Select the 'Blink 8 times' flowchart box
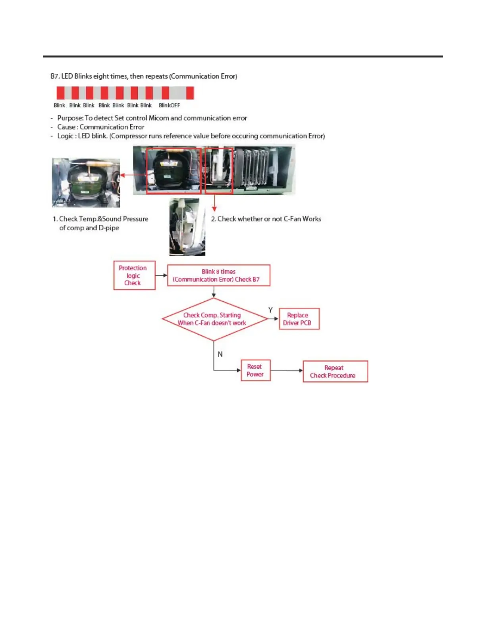click(218, 275)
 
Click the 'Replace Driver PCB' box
click(299, 319)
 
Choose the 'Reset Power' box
click(255, 370)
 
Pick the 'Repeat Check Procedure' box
click(335, 371)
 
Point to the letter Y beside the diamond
click(270, 310)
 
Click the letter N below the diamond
click(220, 354)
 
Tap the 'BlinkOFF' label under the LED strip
click(170, 105)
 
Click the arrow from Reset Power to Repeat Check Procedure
click(287, 370)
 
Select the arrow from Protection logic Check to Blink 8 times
click(161, 275)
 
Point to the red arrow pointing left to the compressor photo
click(133, 175)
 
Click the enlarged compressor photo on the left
click(86, 182)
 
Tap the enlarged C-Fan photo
click(187, 227)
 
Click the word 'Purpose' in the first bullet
click(70, 118)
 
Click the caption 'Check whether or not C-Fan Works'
click(269, 219)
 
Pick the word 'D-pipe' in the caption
click(108, 228)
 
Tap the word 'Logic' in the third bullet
click(65, 136)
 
